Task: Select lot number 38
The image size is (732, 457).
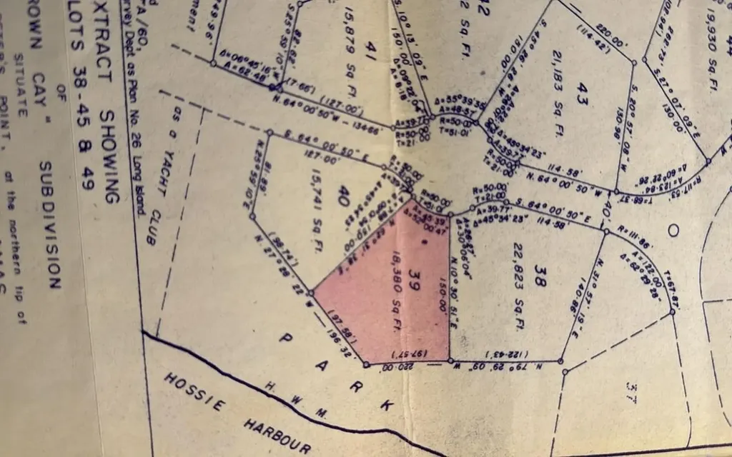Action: [540, 281]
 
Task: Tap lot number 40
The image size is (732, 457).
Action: [343, 194]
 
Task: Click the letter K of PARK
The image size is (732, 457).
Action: [387, 405]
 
